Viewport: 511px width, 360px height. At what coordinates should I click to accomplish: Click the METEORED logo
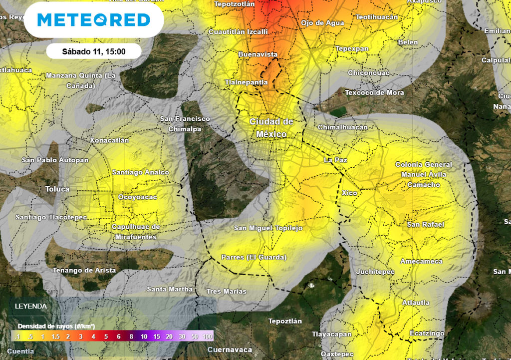93,19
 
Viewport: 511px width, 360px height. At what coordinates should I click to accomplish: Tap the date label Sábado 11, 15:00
93,51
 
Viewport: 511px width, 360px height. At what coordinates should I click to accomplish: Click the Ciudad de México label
271,128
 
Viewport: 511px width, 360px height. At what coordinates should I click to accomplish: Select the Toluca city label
57,189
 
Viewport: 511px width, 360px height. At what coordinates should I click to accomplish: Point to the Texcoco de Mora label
374,92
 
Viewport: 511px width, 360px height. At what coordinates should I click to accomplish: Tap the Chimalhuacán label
342,127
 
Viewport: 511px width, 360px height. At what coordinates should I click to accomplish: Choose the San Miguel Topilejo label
268,228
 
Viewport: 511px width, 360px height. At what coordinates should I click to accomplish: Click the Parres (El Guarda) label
254,257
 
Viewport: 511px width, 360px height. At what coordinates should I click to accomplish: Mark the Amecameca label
421,261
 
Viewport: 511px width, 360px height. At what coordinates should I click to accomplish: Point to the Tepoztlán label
285,321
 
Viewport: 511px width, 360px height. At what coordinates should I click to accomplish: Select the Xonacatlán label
109,140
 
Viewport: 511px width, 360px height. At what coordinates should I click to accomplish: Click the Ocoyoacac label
137,197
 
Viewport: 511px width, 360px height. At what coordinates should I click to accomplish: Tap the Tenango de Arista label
84,270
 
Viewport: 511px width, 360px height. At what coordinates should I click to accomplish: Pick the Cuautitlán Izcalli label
238,31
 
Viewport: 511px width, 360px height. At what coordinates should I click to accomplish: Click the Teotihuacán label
377,17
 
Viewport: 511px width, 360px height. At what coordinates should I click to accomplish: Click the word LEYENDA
31,306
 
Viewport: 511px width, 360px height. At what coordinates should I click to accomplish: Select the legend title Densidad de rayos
56,326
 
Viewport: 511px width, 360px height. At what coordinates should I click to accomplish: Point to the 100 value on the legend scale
208,337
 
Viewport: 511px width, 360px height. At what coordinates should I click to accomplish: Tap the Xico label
350,193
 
